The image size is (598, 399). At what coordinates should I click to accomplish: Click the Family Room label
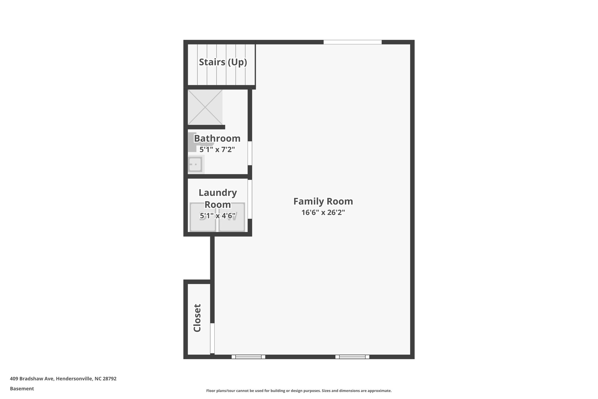pyautogui.click(x=323, y=201)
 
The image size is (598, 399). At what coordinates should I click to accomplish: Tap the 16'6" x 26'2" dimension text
pyautogui.click(x=323, y=213)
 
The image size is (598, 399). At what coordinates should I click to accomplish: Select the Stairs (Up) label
pyautogui.click(x=223, y=62)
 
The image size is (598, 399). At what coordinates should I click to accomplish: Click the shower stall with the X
pyautogui.click(x=205, y=107)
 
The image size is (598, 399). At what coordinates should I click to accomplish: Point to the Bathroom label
pyautogui.click(x=217, y=138)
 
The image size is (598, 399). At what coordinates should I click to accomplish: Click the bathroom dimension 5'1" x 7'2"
pyautogui.click(x=217, y=150)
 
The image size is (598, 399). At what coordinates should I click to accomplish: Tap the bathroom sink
pyautogui.click(x=195, y=165)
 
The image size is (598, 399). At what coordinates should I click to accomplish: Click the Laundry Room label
pyautogui.click(x=218, y=198)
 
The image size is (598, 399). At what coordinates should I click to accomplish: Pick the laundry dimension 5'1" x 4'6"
pyautogui.click(x=218, y=216)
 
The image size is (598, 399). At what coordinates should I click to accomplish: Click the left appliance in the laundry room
pyautogui.click(x=203, y=222)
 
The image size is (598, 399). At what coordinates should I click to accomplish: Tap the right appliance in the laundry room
pyautogui.click(x=232, y=222)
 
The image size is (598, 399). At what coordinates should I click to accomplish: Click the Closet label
pyautogui.click(x=197, y=318)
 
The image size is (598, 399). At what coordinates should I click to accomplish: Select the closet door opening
pyautogui.click(x=212, y=338)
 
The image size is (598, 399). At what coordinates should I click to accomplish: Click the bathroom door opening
pyautogui.click(x=250, y=153)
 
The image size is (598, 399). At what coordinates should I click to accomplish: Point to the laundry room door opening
pyautogui.click(x=250, y=199)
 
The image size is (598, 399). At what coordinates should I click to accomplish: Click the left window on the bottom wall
pyautogui.click(x=248, y=357)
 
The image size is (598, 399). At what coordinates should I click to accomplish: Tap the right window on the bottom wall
pyautogui.click(x=352, y=357)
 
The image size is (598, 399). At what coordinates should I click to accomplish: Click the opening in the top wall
pyautogui.click(x=352, y=42)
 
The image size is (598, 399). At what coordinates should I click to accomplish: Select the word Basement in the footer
pyautogui.click(x=22, y=388)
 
